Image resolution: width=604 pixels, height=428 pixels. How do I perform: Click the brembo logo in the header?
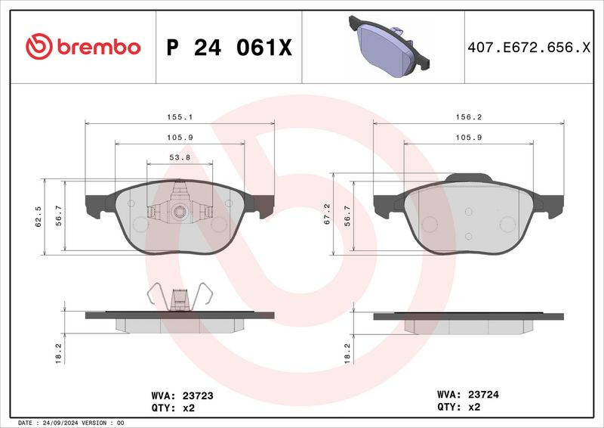pos(83,47)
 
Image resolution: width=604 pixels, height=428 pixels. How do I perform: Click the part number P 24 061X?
pos(230,48)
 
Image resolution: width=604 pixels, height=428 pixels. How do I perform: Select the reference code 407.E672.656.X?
pos(529,48)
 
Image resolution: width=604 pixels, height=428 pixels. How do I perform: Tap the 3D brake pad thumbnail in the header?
pos(389,46)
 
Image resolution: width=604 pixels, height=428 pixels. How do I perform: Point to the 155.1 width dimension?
pos(180,117)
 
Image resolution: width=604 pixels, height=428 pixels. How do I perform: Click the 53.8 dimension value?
pos(180,157)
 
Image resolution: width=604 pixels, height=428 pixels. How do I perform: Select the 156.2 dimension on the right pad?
pos(469,117)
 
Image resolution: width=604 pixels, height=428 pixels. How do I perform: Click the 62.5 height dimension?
pos(39,216)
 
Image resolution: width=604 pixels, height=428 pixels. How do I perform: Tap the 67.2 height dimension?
pos(327,214)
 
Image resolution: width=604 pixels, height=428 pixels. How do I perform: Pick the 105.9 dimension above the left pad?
pos(180,138)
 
